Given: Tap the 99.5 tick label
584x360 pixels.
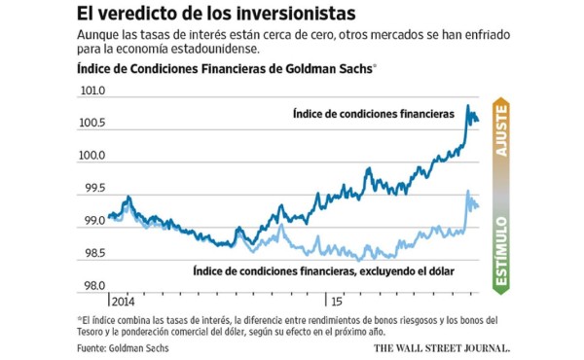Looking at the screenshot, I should [92, 188].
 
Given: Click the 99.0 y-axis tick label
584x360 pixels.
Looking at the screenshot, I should [92, 221].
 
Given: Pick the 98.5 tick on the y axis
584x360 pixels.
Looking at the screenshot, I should [92, 253].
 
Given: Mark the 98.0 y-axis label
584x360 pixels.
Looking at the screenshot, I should [92, 286].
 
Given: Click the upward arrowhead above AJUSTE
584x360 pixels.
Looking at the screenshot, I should [502, 104].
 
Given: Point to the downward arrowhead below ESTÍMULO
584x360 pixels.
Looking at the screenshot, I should [502, 290].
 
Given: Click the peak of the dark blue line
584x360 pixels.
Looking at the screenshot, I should [468, 105].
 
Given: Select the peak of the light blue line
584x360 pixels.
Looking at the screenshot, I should [469, 191].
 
